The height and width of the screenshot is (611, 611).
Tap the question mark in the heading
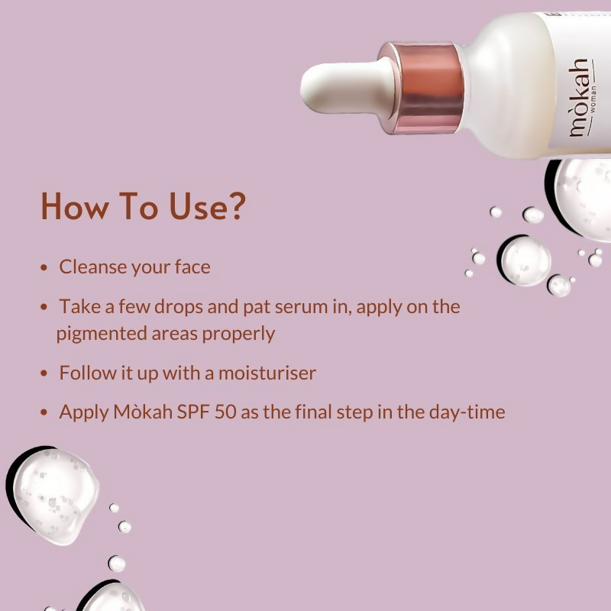coord(236,206)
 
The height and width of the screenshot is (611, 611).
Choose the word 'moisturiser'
coord(267,373)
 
